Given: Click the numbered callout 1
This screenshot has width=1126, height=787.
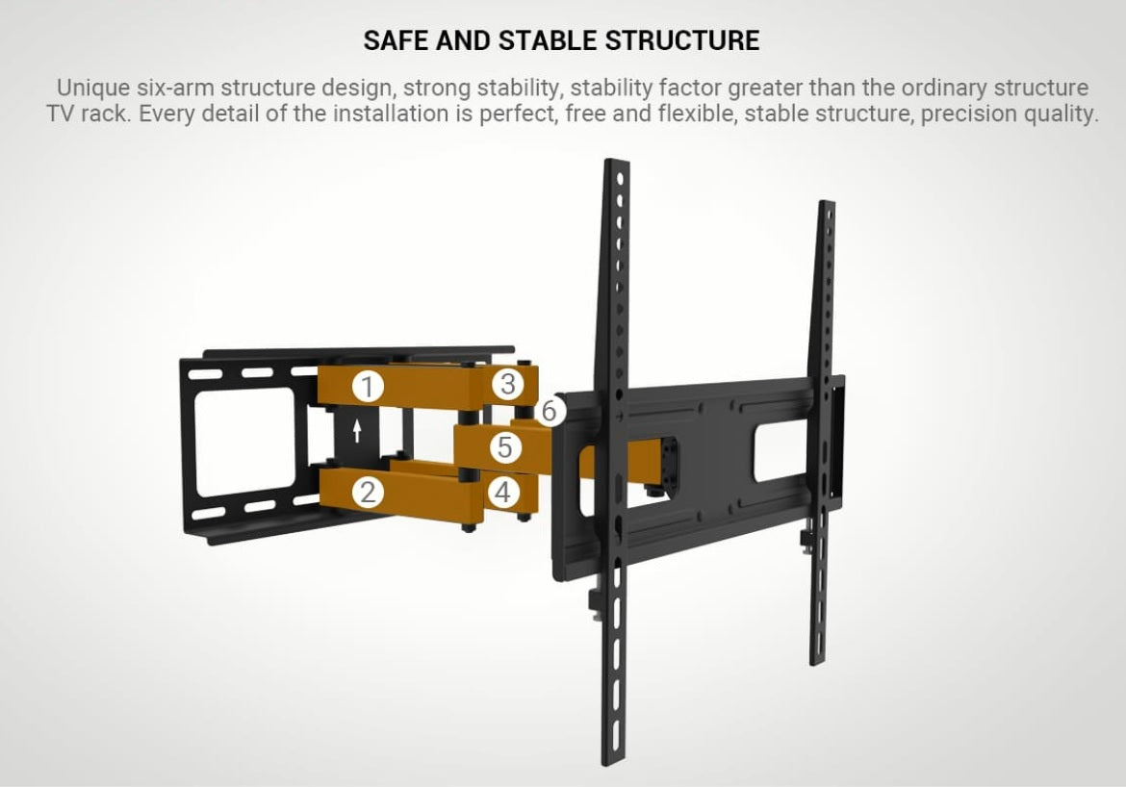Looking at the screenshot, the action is pyautogui.click(x=368, y=387).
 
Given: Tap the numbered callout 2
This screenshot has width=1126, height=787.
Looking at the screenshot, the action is pyautogui.click(x=368, y=493).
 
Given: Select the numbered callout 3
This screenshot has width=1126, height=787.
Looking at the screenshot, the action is pyautogui.click(x=508, y=384).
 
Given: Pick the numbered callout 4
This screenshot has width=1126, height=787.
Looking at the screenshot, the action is pyautogui.click(x=503, y=493).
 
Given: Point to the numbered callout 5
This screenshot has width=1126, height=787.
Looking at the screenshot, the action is pyautogui.click(x=505, y=446).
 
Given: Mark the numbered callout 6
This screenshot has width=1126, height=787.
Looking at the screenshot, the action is pyautogui.click(x=550, y=411).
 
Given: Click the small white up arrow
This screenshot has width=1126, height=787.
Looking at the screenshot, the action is pyautogui.click(x=357, y=431).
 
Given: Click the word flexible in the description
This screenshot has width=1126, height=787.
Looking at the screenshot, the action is pyautogui.click(x=698, y=114).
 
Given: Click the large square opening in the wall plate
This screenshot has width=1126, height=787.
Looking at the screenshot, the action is pyautogui.click(x=244, y=443).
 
